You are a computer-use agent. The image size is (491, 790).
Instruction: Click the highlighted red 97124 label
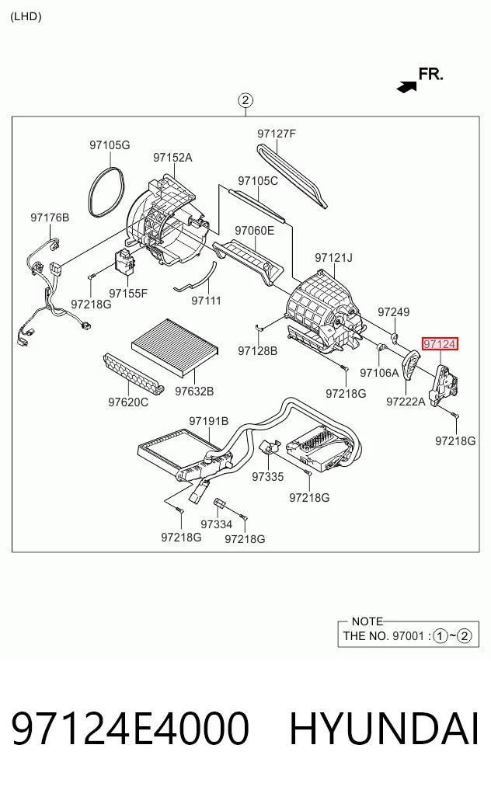[x=440, y=344]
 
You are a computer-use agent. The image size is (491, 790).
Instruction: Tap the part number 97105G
[x=110, y=145]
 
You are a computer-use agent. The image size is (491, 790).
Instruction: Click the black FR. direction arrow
[x=407, y=87]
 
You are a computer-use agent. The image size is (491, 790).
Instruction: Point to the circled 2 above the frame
[x=245, y=100]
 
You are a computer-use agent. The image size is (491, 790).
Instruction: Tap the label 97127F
[x=277, y=134]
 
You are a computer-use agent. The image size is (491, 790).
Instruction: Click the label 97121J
[x=334, y=258]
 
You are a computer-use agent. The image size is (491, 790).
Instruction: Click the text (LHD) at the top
[x=26, y=16]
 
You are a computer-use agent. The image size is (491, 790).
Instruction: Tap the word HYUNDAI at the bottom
[x=384, y=729]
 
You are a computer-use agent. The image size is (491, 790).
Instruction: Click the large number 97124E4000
[x=130, y=729]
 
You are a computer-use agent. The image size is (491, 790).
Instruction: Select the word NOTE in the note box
[x=367, y=621]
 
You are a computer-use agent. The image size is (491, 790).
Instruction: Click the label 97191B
[x=209, y=421]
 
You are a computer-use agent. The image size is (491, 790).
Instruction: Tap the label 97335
[x=268, y=477]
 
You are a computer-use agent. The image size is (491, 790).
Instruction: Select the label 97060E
[x=255, y=231]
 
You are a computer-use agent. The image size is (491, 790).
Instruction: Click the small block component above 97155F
[x=124, y=260]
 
